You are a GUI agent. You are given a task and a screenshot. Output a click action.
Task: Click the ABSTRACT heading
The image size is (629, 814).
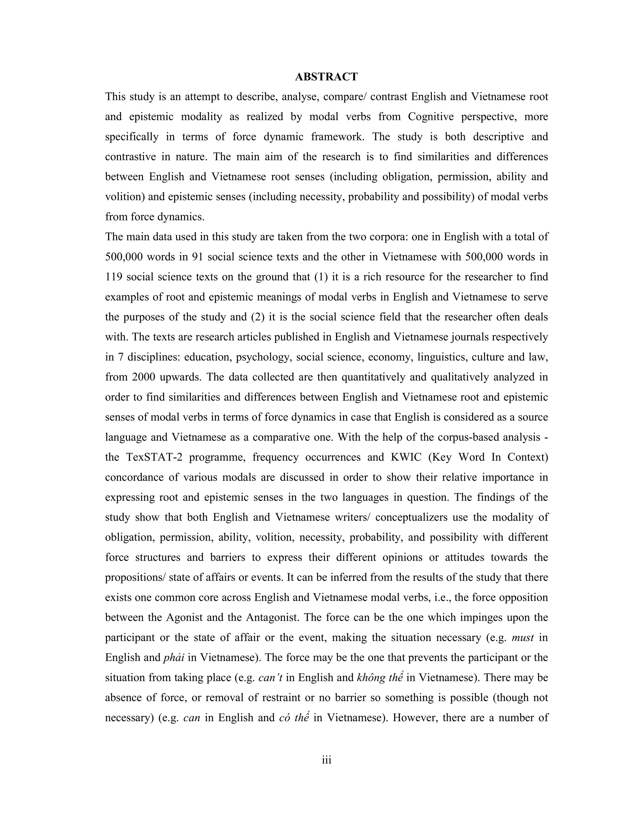coord(326,77)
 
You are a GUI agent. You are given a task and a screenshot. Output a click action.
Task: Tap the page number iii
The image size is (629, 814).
coord(326,760)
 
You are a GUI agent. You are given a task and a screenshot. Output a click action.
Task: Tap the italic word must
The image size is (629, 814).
coord(523,638)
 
